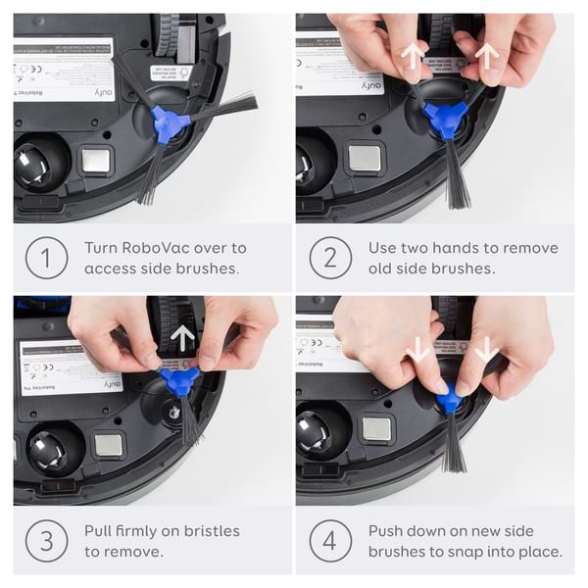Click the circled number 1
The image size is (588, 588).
pos(47,258)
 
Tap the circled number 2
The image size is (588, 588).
pos(330,258)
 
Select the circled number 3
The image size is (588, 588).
pos(47,541)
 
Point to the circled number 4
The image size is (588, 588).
pos(330,541)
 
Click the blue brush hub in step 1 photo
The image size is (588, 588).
pos(167,125)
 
